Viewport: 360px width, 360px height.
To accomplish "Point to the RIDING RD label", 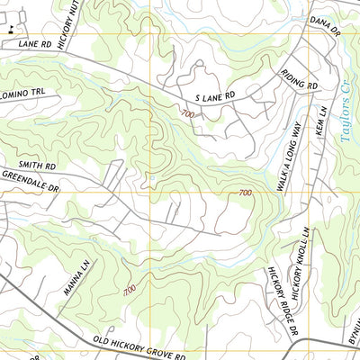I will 300,79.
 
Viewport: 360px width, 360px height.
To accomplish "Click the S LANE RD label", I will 214,94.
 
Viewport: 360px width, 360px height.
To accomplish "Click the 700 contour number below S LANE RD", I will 186,114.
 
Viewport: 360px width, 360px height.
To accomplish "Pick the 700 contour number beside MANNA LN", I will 130,290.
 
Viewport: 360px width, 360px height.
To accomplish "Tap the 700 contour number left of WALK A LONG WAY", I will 245,193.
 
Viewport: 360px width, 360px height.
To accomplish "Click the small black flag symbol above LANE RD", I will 12,30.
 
